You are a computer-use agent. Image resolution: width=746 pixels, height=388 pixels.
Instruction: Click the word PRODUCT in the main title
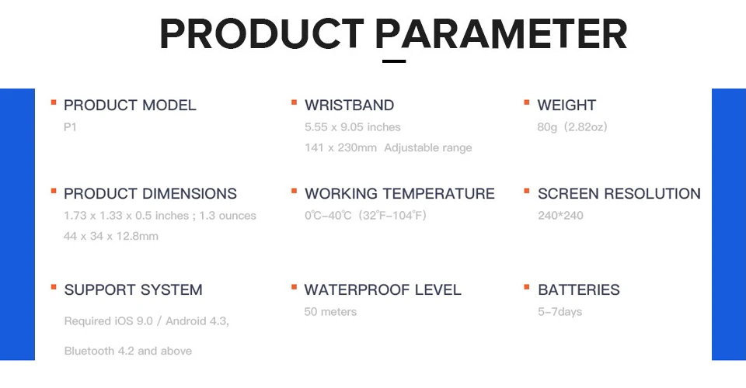262,33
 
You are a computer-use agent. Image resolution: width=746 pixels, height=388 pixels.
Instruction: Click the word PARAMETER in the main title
501,33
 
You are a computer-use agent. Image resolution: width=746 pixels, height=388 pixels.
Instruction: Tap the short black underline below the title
394,61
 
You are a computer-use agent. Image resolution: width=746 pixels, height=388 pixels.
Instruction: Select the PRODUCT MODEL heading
130,105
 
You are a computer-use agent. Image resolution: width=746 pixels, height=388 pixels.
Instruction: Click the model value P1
70,126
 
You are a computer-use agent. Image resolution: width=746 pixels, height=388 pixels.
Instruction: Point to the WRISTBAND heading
349,105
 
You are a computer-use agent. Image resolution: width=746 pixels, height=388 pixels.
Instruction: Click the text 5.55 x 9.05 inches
353,126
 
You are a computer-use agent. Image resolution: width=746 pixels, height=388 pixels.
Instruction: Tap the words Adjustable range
428,147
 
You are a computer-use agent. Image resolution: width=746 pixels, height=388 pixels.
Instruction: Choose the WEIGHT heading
566,105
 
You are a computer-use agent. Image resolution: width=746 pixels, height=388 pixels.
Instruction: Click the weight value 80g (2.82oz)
573,126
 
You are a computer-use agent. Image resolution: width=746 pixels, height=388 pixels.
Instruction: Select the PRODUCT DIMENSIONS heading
150,193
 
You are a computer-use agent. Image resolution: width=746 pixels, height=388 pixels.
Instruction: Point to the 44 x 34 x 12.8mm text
111,236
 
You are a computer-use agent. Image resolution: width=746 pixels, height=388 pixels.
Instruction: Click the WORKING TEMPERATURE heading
399,193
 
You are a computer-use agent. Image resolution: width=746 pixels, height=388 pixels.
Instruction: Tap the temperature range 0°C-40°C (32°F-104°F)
365,215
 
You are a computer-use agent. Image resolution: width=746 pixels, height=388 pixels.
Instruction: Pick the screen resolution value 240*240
560,215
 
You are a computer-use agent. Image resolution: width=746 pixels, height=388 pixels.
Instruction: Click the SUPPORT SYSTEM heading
133,289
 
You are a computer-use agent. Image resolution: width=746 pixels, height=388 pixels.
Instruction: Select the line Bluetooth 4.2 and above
128,351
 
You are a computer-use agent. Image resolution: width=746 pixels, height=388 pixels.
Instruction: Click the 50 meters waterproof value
330,311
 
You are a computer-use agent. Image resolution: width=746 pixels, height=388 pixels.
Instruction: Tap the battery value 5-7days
560,311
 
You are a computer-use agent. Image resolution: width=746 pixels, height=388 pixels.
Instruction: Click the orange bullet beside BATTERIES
527,287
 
